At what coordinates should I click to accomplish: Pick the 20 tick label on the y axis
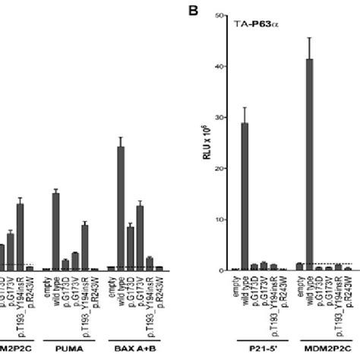pyautogui.click(x=217, y=169)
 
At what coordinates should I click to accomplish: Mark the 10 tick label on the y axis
pyautogui.click(x=217, y=219)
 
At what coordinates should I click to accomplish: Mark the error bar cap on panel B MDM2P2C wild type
pyautogui.click(x=309, y=38)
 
